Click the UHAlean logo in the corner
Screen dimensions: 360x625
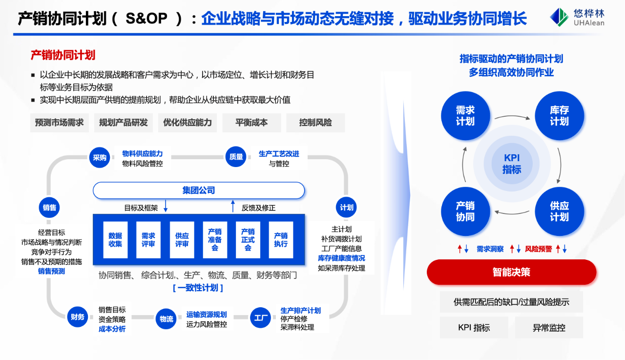(577, 17)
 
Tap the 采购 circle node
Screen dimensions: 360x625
(100, 157)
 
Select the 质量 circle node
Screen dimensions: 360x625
(236, 157)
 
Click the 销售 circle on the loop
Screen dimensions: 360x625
(49, 208)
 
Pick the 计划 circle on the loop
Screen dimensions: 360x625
(347, 208)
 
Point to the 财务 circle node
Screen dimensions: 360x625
(77, 317)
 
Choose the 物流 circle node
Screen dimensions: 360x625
(166, 319)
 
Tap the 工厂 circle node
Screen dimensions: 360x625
(260, 318)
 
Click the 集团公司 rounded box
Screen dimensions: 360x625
(198, 191)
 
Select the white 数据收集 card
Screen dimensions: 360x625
(116, 240)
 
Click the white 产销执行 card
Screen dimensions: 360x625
(281, 240)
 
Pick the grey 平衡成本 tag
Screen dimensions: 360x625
(251, 123)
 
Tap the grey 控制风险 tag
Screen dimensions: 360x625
(315, 123)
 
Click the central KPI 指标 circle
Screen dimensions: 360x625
(512, 164)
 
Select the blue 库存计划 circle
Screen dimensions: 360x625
(559, 116)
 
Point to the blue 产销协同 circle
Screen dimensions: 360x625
(465, 211)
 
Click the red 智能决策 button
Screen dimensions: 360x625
(511, 272)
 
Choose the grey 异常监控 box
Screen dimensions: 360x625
(549, 328)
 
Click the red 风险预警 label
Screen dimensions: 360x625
(539, 249)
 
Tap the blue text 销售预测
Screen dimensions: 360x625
(51, 271)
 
